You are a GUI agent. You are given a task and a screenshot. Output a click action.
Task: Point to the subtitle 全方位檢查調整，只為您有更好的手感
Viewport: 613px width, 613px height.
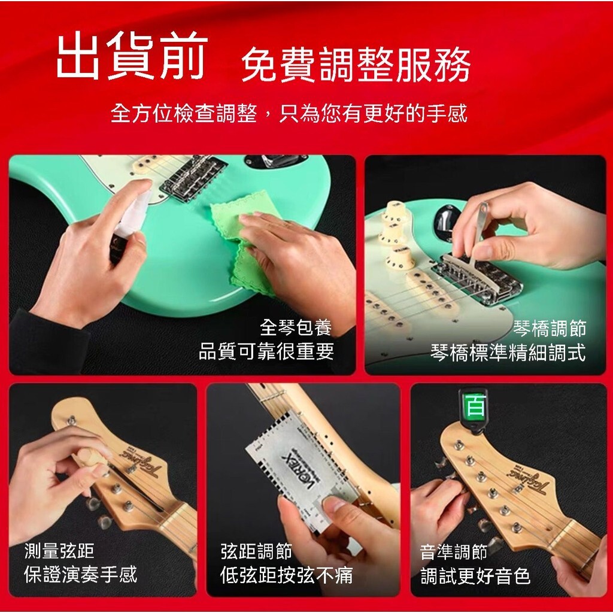point(289,113)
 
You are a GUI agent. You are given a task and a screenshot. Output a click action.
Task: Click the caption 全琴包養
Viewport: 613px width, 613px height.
point(296,327)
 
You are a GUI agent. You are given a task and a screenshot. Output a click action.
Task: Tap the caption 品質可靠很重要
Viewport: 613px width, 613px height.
point(266,351)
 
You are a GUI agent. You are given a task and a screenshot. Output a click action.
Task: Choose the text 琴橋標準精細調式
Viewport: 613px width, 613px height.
point(508,352)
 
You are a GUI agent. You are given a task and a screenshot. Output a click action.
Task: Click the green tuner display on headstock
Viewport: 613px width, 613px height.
point(475,406)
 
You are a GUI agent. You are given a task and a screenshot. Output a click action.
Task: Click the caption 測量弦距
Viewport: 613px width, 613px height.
point(59,551)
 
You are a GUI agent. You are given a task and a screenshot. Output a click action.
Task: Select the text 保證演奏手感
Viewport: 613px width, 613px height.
point(81,574)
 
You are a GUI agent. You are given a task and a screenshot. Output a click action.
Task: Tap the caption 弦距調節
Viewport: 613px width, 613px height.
point(256,551)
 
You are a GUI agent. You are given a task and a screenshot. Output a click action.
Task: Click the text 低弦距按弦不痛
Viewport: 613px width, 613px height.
point(287,575)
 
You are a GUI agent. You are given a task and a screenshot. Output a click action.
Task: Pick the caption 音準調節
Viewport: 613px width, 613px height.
point(454,552)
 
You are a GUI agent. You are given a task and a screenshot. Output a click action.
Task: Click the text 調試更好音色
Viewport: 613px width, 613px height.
point(475,575)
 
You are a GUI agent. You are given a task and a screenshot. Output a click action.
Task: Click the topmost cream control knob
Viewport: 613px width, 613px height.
point(395,211)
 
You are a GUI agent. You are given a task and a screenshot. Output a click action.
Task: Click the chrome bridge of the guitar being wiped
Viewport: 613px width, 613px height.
point(193,178)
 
